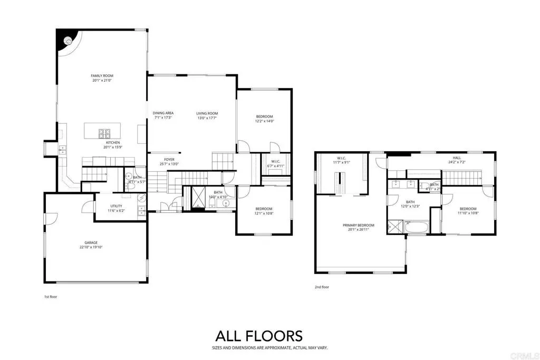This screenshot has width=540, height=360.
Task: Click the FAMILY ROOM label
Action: [102, 76]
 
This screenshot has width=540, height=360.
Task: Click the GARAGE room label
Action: [91, 242]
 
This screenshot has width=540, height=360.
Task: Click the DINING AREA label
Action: [163, 113]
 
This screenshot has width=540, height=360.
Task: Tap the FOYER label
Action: [169, 159]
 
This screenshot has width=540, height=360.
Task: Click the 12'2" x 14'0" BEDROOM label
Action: [264, 116]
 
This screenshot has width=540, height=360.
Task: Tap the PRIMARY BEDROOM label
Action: [358, 226]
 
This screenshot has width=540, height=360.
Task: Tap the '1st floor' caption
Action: [50, 297]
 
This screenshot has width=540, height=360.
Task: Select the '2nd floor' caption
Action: [321, 287]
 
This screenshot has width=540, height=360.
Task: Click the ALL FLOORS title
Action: [258, 336]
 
